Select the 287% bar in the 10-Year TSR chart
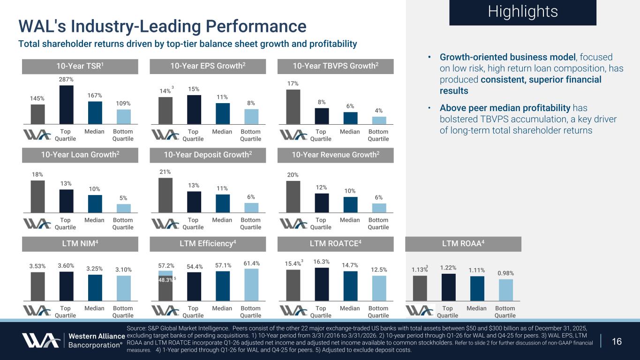(x=66, y=104)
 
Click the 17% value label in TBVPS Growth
(x=293, y=83)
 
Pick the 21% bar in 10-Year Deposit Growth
(x=165, y=195)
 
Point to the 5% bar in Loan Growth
(x=124, y=208)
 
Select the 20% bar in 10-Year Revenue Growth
(x=293, y=196)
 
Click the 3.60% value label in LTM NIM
(x=66, y=266)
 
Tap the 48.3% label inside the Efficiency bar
(x=165, y=279)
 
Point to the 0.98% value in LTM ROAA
(x=505, y=273)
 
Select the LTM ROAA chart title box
(x=463, y=244)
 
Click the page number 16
(x=617, y=341)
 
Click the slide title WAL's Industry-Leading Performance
(x=162, y=26)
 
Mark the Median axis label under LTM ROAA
(x=476, y=308)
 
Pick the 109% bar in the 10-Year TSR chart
(x=124, y=116)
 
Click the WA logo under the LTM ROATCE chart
(x=293, y=310)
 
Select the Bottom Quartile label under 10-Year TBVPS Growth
(x=378, y=135)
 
